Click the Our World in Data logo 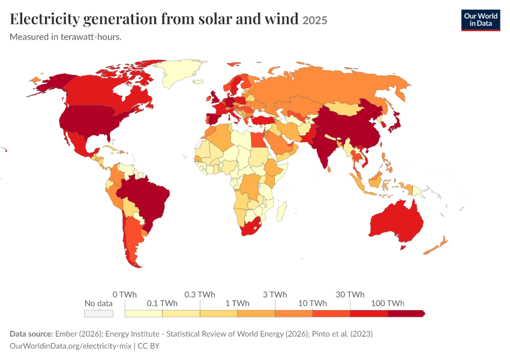pos(481,20)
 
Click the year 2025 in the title pos(315,20)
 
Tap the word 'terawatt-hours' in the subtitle pos(91,37)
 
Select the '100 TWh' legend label pos(388,303)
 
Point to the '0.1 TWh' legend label pos(162,303)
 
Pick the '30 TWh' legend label pos(350,295)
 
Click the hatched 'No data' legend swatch pos(98,313)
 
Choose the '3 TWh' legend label pos(275,295)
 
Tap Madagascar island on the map pos(281,211)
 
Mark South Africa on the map pos(250,227)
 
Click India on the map pos(322,146)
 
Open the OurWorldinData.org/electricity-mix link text pos(71,346)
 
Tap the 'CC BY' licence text pos(148,346)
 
